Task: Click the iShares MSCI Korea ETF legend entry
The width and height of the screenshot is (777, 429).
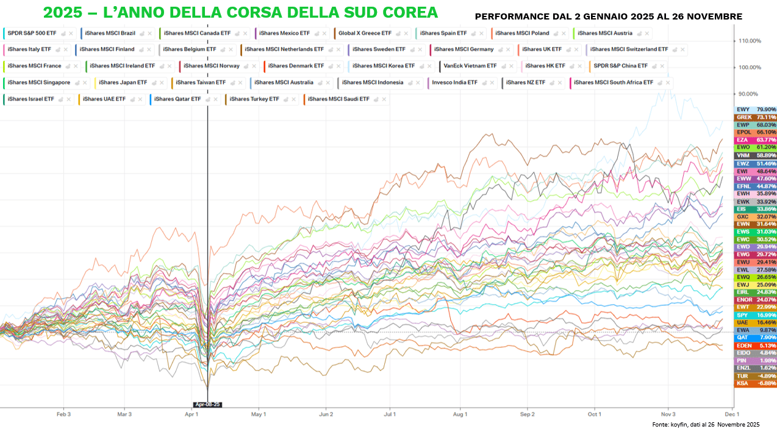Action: (383, 66)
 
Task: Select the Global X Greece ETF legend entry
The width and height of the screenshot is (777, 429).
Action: (365, 33)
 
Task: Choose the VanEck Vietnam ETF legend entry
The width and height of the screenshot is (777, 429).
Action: (470, 66)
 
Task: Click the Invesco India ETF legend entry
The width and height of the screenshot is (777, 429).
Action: (454, 82)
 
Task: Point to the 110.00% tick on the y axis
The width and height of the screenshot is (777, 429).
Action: (749, 41)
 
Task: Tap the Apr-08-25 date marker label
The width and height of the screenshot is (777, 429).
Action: (207, 405)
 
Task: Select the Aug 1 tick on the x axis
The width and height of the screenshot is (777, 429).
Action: (460, 414)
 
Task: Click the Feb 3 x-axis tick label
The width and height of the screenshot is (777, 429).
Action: (63, 414)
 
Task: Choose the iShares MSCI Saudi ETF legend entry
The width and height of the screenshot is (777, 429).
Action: (338, 99)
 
